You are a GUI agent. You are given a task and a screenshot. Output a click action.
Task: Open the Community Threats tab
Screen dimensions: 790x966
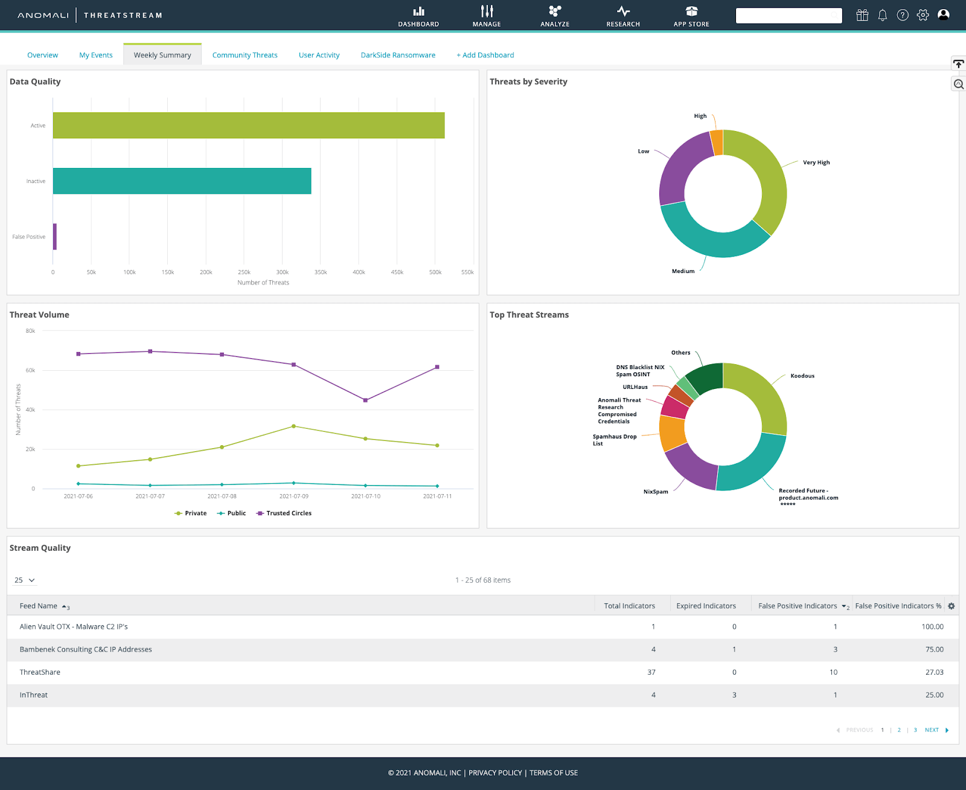[x=245, y=55]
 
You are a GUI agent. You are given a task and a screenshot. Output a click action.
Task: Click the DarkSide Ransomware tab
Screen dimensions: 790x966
[x=398, y=55]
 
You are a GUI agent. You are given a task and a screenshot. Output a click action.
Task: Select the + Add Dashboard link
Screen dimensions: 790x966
[x=485, y=55]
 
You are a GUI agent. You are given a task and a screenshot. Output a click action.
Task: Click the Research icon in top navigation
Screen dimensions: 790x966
[x=623, y=11]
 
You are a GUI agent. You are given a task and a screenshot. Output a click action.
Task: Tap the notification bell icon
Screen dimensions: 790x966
[x=882, y=15]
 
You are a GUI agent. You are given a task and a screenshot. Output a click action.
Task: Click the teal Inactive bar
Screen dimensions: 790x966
[x=182, y=181]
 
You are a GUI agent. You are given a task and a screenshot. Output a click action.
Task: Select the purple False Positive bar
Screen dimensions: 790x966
[x=55, y=237]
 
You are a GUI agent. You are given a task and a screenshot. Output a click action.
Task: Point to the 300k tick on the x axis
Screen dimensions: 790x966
[x=282, y=272]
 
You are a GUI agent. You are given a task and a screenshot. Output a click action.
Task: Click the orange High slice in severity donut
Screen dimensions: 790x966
[x=717, y=143]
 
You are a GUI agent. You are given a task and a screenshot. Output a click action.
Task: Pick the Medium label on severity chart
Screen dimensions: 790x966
[x=683, y=271]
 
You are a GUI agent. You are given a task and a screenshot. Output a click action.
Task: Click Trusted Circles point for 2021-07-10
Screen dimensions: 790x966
[x=365, y=400]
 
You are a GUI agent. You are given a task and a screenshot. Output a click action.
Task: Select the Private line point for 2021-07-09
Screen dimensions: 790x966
[x=293, y=426]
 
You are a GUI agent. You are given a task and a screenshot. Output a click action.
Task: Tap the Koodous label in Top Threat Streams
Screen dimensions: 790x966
[x=802, y=376]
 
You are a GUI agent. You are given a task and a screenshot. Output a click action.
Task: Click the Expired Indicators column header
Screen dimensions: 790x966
[x=706, y=606]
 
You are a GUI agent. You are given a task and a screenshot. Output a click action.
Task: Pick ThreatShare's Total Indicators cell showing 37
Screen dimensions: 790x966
[x=651, y=672]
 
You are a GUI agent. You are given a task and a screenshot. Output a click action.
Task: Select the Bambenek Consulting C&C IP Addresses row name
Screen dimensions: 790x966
[x=86, y=649]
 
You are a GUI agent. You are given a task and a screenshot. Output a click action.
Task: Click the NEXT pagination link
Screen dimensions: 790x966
[x=932, y=730]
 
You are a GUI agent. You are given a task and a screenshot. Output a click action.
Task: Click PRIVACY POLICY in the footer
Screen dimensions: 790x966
[x=495, y=773]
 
